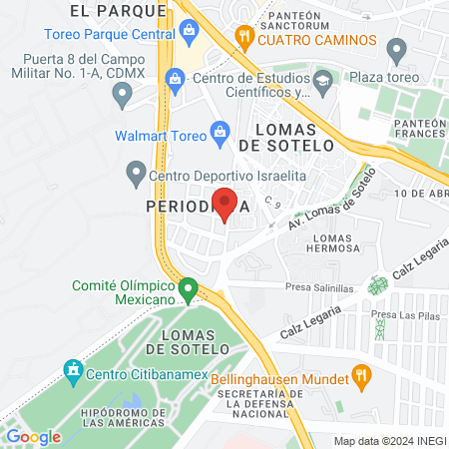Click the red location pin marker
pos(225,204)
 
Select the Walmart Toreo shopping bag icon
pos(222,131)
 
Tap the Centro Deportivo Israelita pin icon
pos(137,176)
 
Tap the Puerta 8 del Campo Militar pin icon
pos(123,96)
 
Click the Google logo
pos(33,436)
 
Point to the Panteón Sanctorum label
pos(303,21)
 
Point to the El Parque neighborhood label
pos(118,10)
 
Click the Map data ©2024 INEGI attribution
pos(388,440)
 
